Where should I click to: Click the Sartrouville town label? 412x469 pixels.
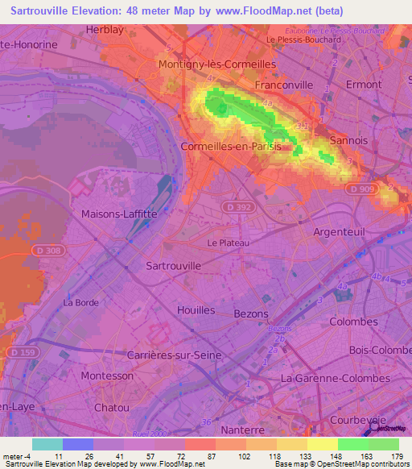pyautogui.click(x=169, y=264)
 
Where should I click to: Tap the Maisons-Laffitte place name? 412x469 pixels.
pyautogui.click(x=119, y=214)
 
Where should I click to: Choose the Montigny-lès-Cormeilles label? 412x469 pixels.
pyautogui.click(x=217, y=64)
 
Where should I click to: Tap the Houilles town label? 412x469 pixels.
pyautogui.click(x=196, y=309)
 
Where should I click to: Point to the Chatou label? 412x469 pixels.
pyautogui.click(x=111, y=408)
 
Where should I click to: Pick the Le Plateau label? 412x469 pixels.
pyautogui.click(x=229, y=243)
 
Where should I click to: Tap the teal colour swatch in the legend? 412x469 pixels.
pyautogui.click(x=47, y=444)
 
